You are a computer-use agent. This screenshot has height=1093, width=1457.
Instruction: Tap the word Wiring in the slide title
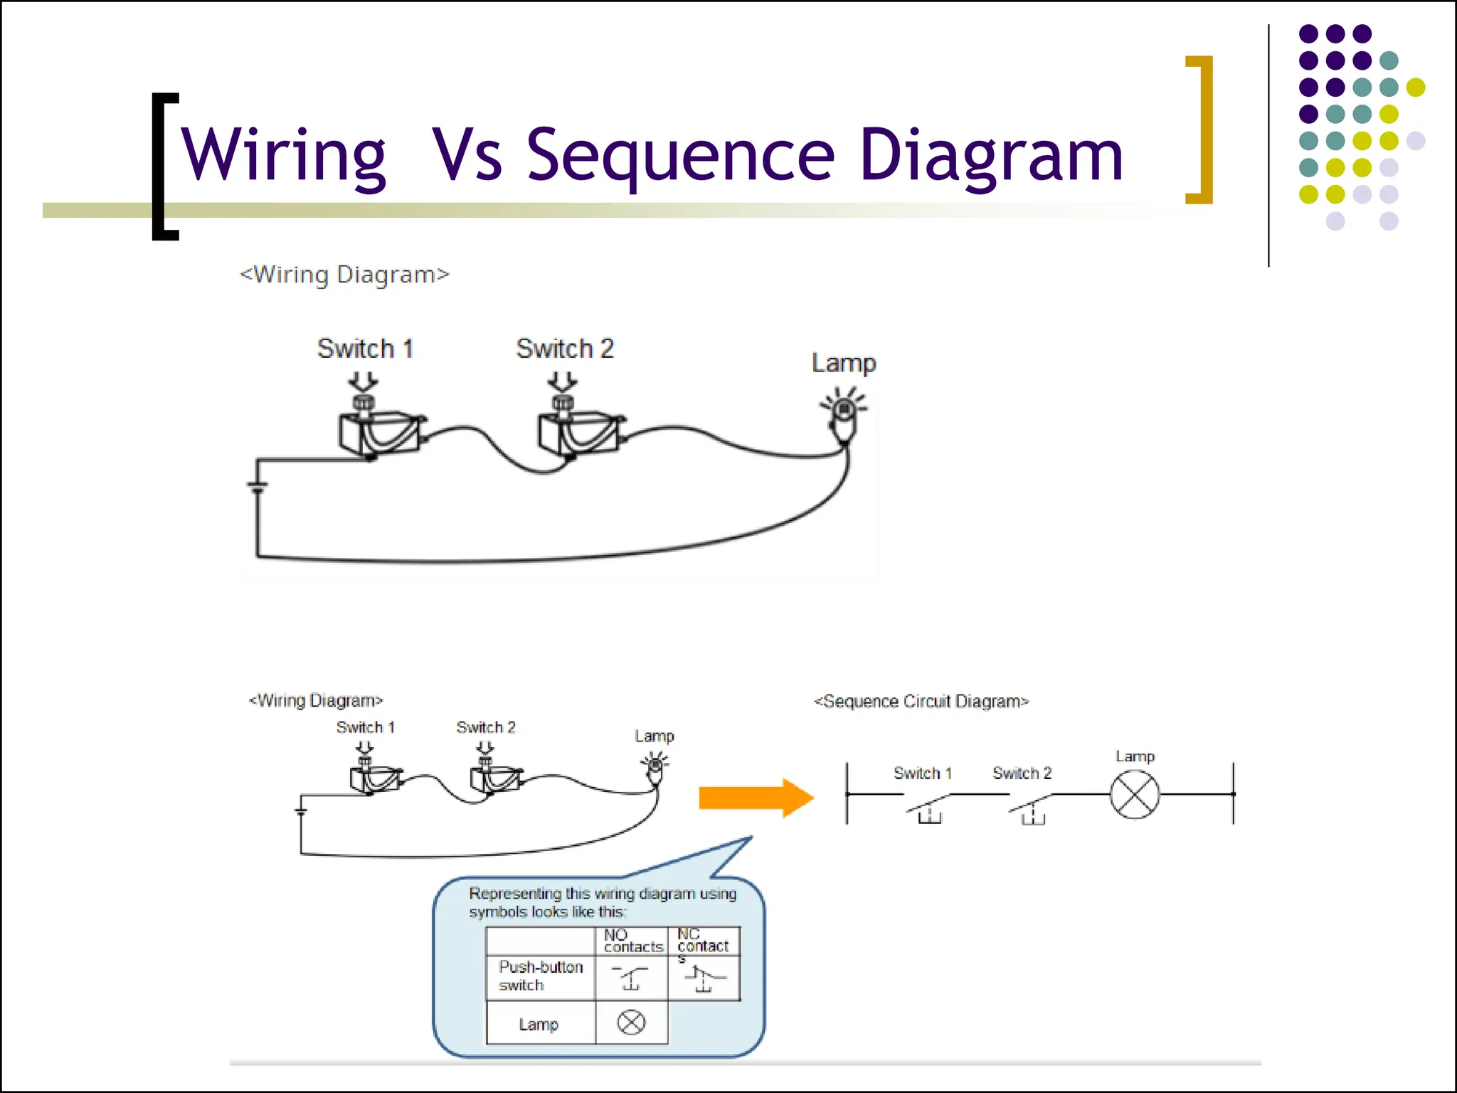[283, 155]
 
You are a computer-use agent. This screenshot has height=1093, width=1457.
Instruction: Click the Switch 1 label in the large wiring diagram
[365, 349]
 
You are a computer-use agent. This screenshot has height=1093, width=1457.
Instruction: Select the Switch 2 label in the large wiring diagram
[564, 349]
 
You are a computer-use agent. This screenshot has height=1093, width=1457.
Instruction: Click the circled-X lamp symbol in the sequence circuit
[1135, 795]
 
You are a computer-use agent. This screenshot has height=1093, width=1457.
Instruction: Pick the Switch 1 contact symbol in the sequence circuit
[928, 808]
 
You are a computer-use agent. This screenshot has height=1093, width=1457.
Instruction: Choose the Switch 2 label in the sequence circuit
[1022, 773]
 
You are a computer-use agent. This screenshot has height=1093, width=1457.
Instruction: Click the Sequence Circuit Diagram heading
[921, 702]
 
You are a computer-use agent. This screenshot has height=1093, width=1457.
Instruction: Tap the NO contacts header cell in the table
[632, 941]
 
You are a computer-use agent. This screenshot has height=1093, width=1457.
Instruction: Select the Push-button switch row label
[540, 976]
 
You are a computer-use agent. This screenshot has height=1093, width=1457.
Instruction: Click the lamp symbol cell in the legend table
[631, 1023]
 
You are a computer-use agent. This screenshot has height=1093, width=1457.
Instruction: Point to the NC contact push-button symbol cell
[704, 978]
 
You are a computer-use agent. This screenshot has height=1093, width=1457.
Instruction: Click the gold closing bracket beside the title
[1200, 130]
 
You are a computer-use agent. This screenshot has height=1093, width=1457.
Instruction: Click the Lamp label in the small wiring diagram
[654, 736]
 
